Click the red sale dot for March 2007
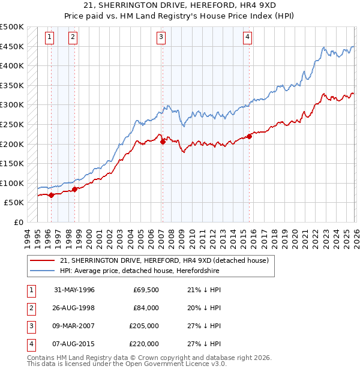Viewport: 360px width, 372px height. (163, 142)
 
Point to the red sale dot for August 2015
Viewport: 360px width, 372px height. (250, 136)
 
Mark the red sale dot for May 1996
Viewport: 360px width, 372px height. (52, 194)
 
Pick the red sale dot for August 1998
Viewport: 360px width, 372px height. (75, 189)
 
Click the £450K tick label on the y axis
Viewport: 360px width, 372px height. (12, 46)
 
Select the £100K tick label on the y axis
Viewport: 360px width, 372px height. (12, 183)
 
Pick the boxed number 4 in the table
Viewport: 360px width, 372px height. (30, 344)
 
